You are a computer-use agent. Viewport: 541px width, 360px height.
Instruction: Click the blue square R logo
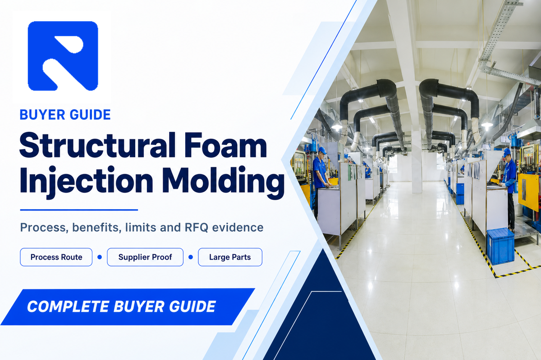[x=63, y=56]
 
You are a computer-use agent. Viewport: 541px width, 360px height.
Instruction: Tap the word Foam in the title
[x=225, y=145]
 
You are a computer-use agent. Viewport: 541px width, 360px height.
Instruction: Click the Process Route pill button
[x=56, y=257]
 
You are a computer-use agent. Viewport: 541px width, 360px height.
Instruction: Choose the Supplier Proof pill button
[x=145, y=257]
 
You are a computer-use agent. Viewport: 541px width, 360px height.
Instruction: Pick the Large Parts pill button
[x=230, y=257]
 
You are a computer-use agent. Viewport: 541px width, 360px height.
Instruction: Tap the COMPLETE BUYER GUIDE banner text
[x=121, y=306]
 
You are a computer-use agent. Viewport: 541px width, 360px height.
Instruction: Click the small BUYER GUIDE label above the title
[x=65, y=115]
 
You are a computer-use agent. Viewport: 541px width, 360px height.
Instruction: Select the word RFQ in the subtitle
[x=197, y=228]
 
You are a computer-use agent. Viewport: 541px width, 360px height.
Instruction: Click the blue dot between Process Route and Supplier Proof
[x=100, y=257]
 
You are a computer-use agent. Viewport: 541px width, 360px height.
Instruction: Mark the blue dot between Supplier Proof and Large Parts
[x=191, y=257]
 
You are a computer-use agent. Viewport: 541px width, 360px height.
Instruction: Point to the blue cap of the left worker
[x=322, y=150]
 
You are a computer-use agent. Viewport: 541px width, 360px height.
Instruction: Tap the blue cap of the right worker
[x=506, y=152]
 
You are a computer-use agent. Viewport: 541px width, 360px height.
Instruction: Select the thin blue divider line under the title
[x=79, y=210]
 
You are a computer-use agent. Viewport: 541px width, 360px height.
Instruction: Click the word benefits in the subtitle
[x=97, y=227]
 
